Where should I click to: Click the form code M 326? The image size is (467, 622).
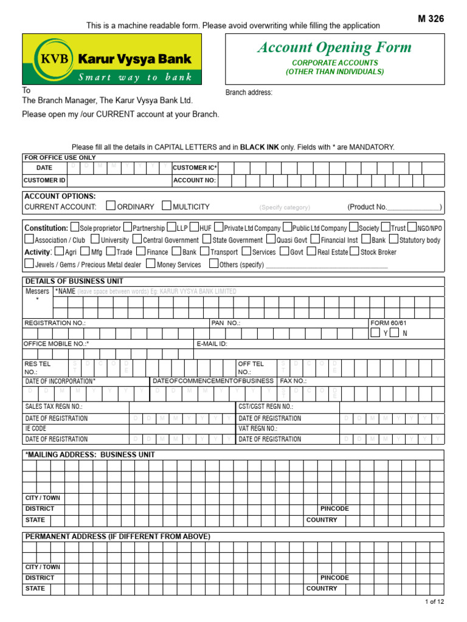[x=431, y=19]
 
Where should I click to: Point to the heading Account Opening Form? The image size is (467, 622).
[x=334, y=47]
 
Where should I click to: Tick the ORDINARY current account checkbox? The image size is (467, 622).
[x=111, y=206]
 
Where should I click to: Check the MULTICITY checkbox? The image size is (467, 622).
[x=167, y=206]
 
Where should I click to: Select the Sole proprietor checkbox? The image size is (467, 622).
[x=74, y=228]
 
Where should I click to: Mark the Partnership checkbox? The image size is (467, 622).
[x=127, y=228]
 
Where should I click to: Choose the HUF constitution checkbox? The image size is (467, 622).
[x=194, y=228]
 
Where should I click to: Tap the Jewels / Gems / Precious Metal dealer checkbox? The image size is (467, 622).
[x=29, y=264]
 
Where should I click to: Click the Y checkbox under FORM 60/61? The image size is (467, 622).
[x=375, y=333]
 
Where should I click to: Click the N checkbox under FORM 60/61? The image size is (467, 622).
[x=395, y=333]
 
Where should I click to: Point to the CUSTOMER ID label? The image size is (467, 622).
[x=44, y=180]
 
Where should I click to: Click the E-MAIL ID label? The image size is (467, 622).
[x=212, y=344]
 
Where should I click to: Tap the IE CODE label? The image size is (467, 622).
[x=35, y=428]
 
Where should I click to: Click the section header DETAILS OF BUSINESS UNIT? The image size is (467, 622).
[x=74, y=281]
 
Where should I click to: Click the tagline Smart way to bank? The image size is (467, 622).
[x=135, y=77]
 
